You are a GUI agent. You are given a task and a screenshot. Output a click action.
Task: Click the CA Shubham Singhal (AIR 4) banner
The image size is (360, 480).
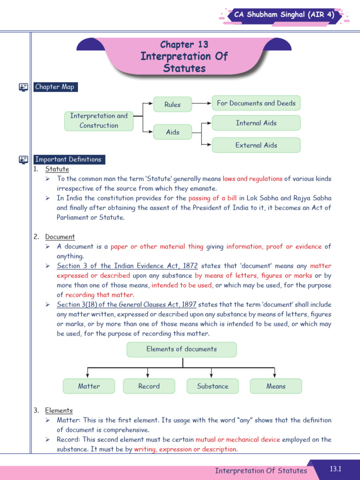tap(288, 15)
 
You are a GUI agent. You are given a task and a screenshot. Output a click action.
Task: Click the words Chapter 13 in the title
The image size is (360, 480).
tap(184, 45)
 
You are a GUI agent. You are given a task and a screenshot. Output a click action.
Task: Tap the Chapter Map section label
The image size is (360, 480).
tap(54, 87)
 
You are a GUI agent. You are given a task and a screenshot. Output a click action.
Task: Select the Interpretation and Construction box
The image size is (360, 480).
tap(98, 120)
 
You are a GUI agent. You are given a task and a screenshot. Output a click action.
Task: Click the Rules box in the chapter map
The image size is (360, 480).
tap(172, 105)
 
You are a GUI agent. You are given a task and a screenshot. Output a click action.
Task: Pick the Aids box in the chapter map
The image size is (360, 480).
tap(172, 132)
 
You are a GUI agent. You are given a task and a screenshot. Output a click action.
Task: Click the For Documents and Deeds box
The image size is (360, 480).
tap(256, 103)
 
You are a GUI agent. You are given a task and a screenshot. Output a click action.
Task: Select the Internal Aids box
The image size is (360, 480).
tap(256, 123)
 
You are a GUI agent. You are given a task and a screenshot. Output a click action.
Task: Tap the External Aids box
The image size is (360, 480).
tap(256, 145)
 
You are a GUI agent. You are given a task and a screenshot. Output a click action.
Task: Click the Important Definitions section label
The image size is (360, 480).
tap(68, 159)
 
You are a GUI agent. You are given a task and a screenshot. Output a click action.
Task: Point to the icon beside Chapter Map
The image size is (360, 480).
tap(23, 87)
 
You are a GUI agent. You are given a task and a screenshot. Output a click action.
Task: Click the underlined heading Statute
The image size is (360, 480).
tap(57, 169)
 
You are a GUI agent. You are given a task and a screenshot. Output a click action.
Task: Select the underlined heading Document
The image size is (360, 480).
tap(60, 237)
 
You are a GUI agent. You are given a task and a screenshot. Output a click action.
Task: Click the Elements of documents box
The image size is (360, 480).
tap(181, 349)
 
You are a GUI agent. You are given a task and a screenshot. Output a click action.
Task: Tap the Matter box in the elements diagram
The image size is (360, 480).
tap(89, 386)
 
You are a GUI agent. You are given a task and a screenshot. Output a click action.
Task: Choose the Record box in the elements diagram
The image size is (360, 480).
tap(149, 386)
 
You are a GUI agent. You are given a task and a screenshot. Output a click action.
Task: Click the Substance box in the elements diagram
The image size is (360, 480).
tap(212, 386)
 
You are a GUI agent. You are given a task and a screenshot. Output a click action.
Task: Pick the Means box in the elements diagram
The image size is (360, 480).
tap(276, 386)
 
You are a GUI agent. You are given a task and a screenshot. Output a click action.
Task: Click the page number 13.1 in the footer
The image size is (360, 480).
tap(336, 469)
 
